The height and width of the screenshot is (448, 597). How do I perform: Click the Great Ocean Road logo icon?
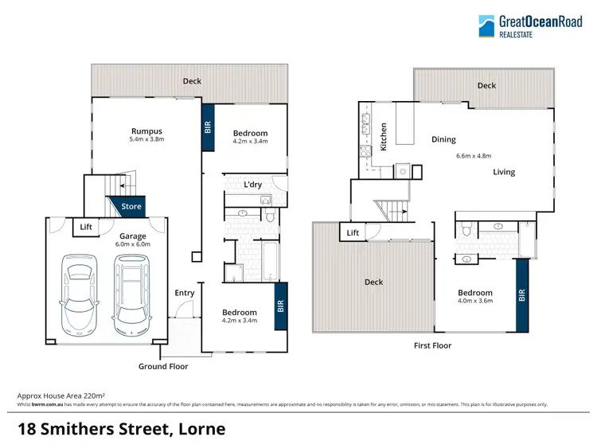pyautogui.click(x=487, y=26)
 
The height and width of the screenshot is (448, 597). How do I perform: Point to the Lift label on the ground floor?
pyautogui.click(x=86, y=228)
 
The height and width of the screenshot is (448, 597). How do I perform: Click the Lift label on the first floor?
pyautogui.click(x=353, y=232)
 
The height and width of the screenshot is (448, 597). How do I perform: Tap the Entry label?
pyautogui.click(x=184, y=293)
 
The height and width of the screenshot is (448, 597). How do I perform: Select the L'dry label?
pyautogui.click(x=253, y=185)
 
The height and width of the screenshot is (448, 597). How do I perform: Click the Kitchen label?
pyautogui.click(x=384, y=136)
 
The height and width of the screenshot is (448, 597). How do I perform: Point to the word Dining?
pyautogui.click(x=443, y=139)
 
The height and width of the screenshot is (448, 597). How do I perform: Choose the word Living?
pyautogui.click(x=503, y=172)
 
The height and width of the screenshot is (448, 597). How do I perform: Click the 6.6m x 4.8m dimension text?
pyautogui.click(x=474, y=156)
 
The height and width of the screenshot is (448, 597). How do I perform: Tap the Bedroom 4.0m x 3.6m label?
pyautogui.click(x=474, y=297)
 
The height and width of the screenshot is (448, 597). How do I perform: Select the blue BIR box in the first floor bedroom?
pyautogui.click(x=522, y=295)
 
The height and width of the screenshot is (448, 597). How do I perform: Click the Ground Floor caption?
pyautogui.click(x=163, y=366)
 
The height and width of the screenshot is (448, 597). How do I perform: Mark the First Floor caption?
pyautogui.click(x=432, y=345)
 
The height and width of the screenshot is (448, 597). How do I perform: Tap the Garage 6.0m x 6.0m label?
pyautogui.click(x=134, y=240)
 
